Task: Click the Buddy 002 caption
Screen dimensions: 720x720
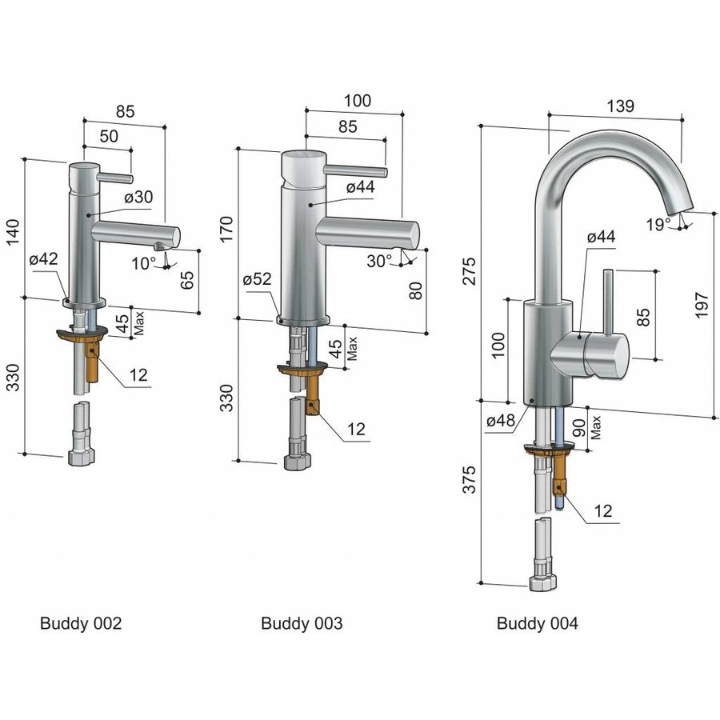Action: (81, 623)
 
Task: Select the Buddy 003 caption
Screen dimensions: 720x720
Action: (302, 623)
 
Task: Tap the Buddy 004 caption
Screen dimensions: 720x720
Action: (537, 623)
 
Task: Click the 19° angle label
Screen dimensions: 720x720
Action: (659, 225)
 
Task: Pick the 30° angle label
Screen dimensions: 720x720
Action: (379, 260)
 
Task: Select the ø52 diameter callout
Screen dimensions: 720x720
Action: (257, 279)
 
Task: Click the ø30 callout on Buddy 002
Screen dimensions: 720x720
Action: (138, 196)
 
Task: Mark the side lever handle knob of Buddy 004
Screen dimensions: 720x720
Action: (606, 353)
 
